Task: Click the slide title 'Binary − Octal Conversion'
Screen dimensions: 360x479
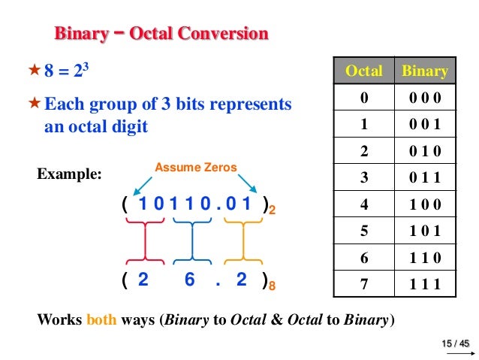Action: coord(161,34)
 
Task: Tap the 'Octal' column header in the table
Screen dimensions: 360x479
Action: coord(363,71)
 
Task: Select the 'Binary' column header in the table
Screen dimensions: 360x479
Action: coord(425,71)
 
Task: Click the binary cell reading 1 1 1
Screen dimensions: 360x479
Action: coord(425,283)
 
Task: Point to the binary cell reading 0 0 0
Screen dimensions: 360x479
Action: coord(425,98)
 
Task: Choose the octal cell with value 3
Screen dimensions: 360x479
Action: coord(363,178)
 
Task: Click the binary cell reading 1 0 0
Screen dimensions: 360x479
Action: coord(425,204)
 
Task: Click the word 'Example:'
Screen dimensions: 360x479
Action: coord(70,174)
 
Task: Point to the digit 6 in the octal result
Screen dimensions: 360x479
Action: coord(189,280)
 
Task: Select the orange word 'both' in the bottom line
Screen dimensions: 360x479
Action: coord(101,318)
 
